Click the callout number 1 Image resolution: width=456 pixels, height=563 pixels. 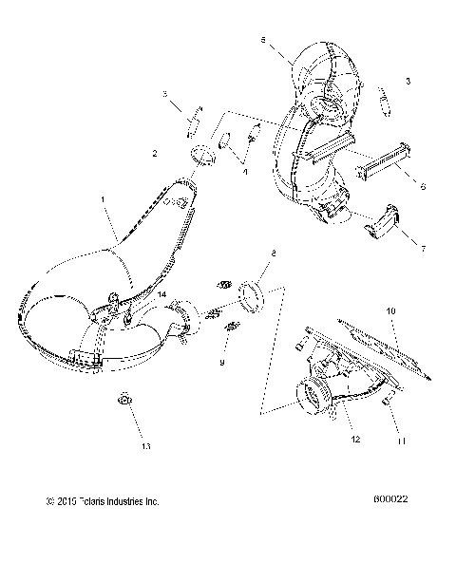[103, 199]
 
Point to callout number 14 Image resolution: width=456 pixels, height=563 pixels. [162, 296]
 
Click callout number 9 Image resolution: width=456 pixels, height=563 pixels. [222, 362]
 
